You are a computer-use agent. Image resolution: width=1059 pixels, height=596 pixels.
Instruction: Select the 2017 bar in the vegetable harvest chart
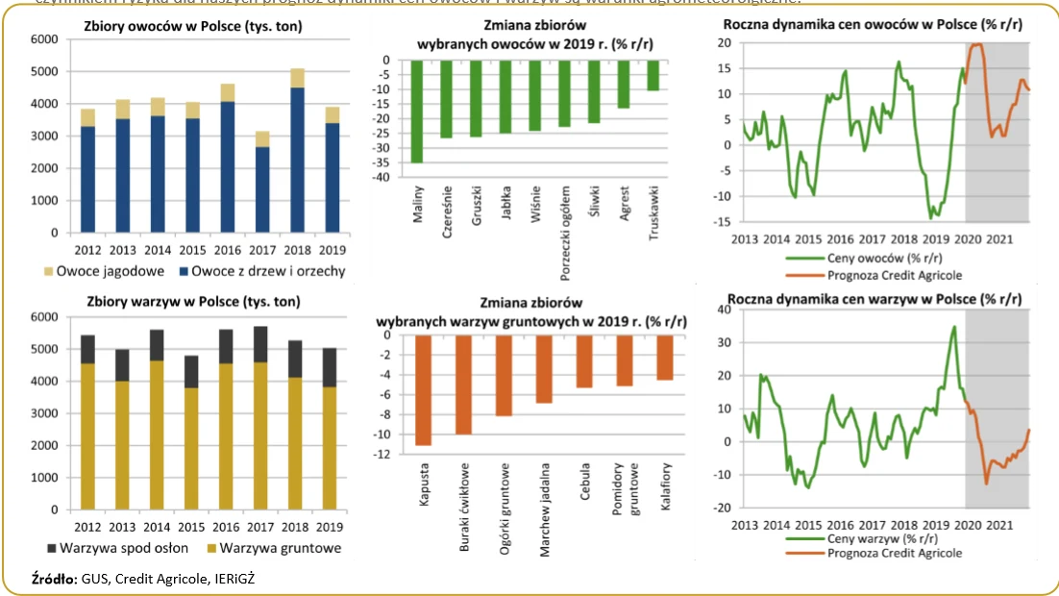pos(259,423)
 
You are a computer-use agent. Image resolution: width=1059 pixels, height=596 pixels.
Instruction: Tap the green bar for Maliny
pos(417,111)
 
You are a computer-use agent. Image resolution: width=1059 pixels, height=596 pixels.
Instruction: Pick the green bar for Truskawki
pos(653,75)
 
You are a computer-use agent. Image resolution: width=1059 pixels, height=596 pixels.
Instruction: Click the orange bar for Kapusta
pos(423,390)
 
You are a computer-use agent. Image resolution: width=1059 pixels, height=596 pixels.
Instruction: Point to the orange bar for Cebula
pos(585,361)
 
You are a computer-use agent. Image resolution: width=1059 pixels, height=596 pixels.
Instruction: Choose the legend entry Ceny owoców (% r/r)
pos(863,259)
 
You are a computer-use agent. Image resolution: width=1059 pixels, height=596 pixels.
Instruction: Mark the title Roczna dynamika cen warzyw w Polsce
pos(874,299)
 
